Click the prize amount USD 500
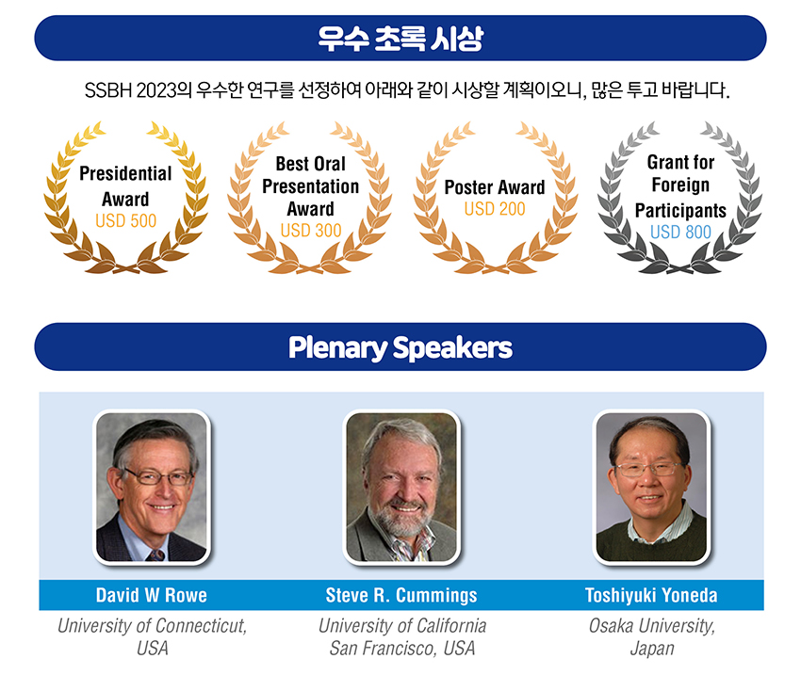click(125, 221)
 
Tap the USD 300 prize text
click(311, 231)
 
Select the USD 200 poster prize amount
click(495, 209)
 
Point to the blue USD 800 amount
click(680, 233)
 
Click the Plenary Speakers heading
click(400, 347)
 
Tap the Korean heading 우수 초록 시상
click(400, 39)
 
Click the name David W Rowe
click(151, 595)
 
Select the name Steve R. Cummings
click(401, 595)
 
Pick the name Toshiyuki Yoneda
click(651, 595)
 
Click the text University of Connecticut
click(152, 626)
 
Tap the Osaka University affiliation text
click(652, 626)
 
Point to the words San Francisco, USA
click(402, 648)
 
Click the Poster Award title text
click(495, 187)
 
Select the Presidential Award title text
click(125, 186)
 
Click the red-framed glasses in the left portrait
click(159, 477)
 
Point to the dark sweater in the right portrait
click(651, 541)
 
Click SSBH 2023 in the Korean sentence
click(130, 90)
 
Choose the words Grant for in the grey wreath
click(680, 162)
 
